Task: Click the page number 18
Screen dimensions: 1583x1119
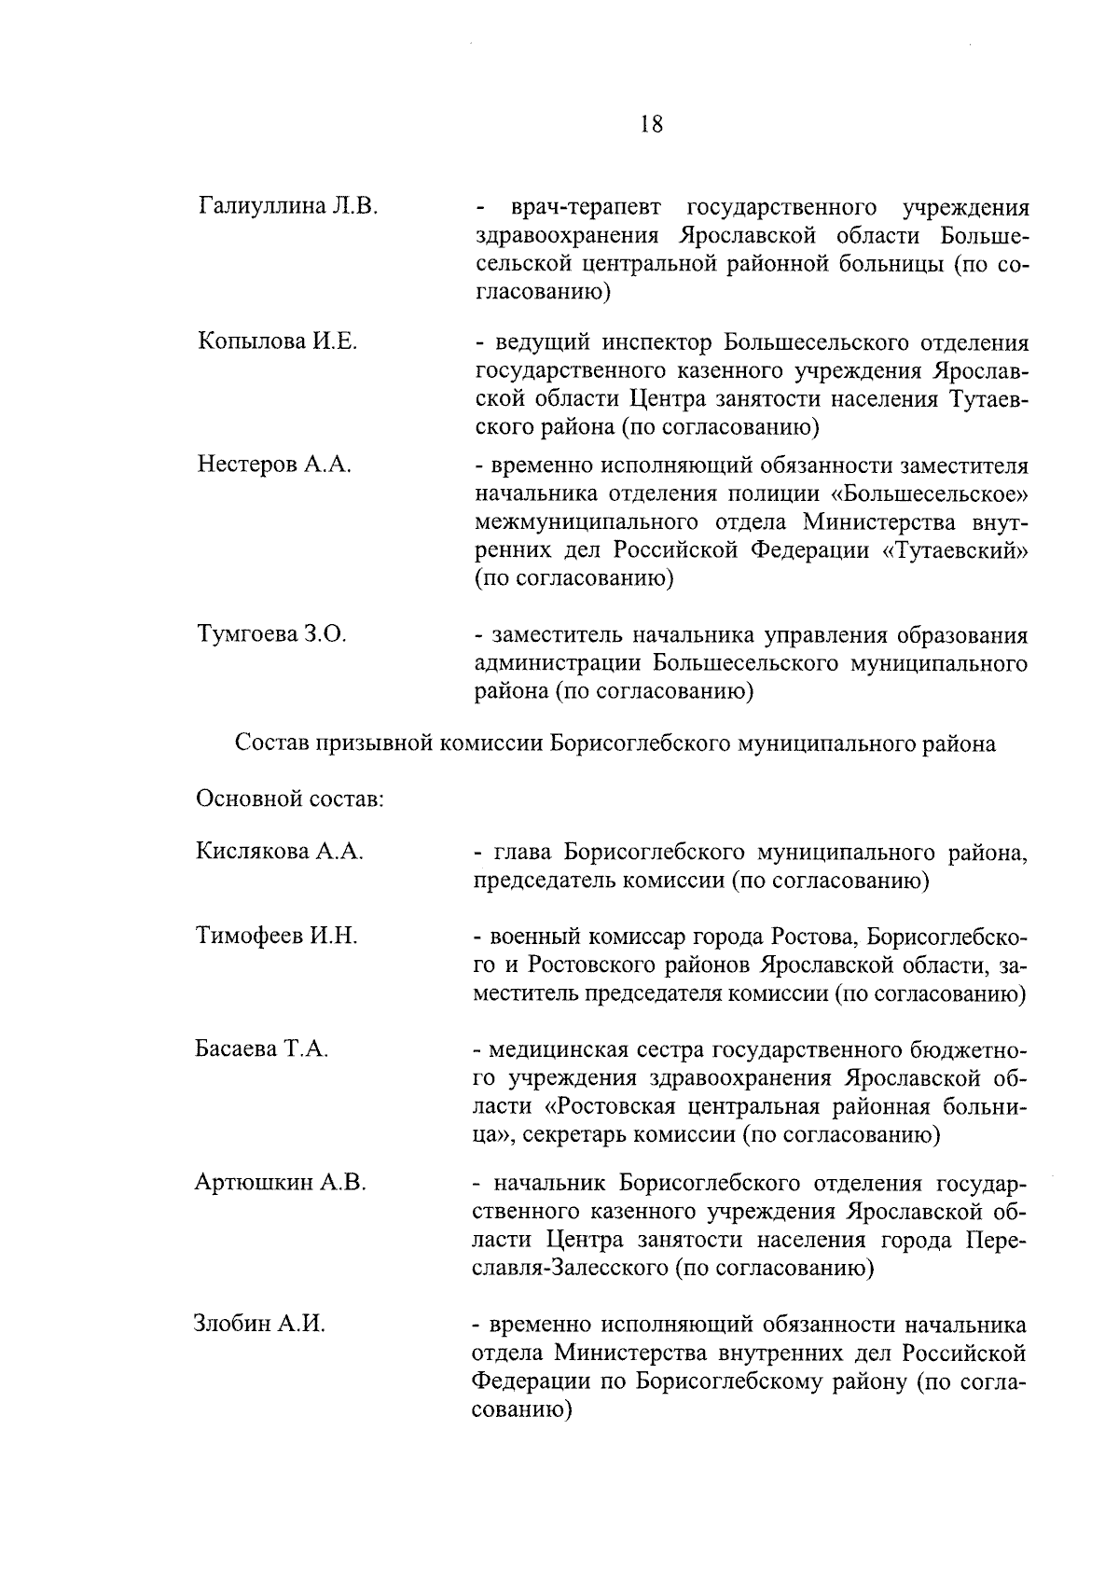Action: click(652, 125)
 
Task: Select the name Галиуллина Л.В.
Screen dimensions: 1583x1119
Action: click(287, 205)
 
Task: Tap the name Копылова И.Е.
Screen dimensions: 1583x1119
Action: click(277, 341)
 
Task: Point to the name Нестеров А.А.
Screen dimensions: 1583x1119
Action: click(274, 465)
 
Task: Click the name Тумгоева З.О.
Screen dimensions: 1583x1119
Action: click(271, 635)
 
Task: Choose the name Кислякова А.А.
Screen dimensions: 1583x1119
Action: click(279, 851)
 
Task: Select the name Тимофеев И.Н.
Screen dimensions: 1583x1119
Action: click(277, 936)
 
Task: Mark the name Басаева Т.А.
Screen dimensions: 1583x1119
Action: click(261, 1048)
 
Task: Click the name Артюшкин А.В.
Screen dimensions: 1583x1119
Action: click(280, 1183)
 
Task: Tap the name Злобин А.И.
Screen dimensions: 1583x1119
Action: click(259, 1324)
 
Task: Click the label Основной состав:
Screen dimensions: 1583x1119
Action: click(290, 798)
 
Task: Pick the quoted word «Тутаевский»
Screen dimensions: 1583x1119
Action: click(955, 549)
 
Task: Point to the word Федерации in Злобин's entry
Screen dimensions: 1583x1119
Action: click(529, 1382)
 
